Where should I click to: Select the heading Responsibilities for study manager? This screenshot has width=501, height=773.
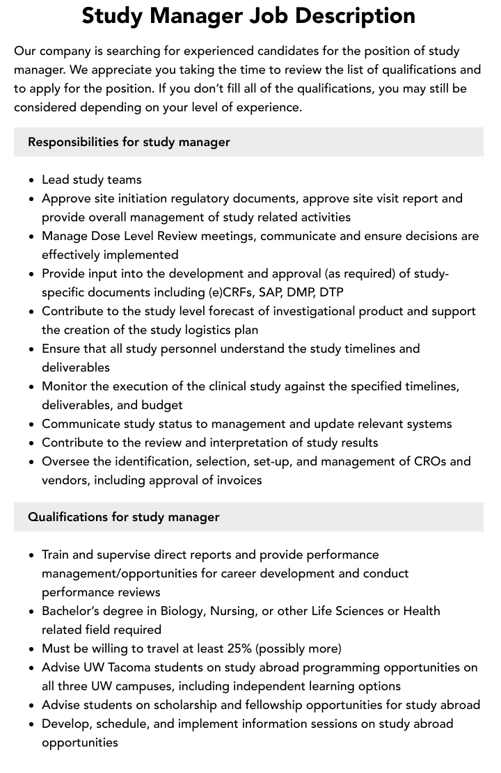[x=129, y=142]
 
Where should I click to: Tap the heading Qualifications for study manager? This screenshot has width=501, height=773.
[x=123, y=517]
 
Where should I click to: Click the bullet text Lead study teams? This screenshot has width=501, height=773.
[x=91, y=180]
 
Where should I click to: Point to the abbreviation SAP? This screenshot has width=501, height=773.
[x=270, y=292]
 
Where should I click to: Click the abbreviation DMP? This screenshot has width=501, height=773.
[x=301, y=292]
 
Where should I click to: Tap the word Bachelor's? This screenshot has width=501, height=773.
[x=73, y=611]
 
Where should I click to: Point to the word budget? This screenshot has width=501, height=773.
[x=161, y=405]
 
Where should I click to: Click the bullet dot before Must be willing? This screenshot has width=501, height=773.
[x=32, y=649]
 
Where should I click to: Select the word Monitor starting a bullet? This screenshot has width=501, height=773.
[x=65, y=386]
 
